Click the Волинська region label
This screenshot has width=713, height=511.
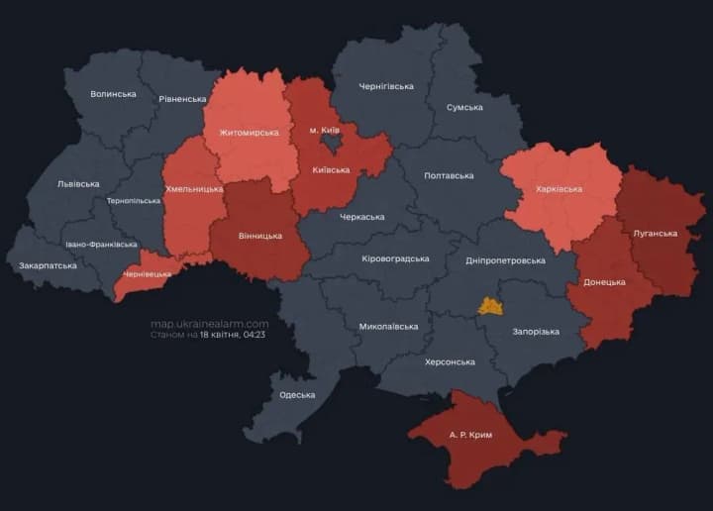point(113,94)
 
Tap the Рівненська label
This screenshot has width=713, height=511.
point(182,99)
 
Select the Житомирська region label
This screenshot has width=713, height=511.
point(249,132)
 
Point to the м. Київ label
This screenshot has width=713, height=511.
point(325,130)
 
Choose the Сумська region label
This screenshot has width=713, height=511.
point(464,107)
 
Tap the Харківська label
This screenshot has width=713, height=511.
point(558,188)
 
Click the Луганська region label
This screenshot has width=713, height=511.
point(655,234)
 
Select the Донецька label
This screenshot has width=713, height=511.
point(604,282)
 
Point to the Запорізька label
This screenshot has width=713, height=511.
point(536,332)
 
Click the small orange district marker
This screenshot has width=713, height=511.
point(490,306)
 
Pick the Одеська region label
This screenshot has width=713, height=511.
point(297,394)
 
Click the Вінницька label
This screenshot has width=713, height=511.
point(260,236)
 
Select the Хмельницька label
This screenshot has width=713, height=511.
point(194,188)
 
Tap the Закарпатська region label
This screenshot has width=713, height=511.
point(48,265)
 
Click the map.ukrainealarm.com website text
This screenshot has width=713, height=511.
point(209,324)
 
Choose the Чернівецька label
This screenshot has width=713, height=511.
point(147,273)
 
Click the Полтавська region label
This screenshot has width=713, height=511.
point(449,175)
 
